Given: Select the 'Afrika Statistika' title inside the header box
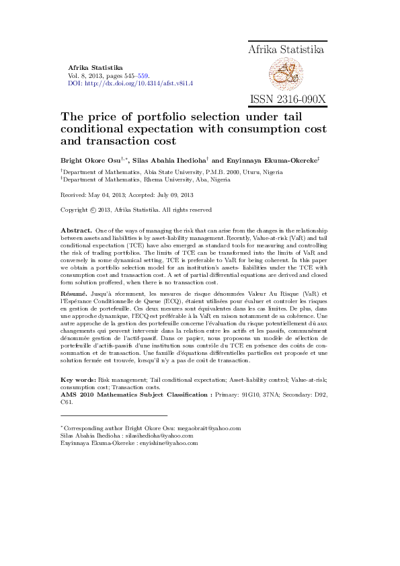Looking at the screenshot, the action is [x=287, y=50].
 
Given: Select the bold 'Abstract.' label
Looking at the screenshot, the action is [x=75, y=231].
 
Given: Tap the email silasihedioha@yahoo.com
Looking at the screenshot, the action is [x=150, y=436].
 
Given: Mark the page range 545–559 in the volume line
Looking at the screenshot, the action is [x=136, y=76].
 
